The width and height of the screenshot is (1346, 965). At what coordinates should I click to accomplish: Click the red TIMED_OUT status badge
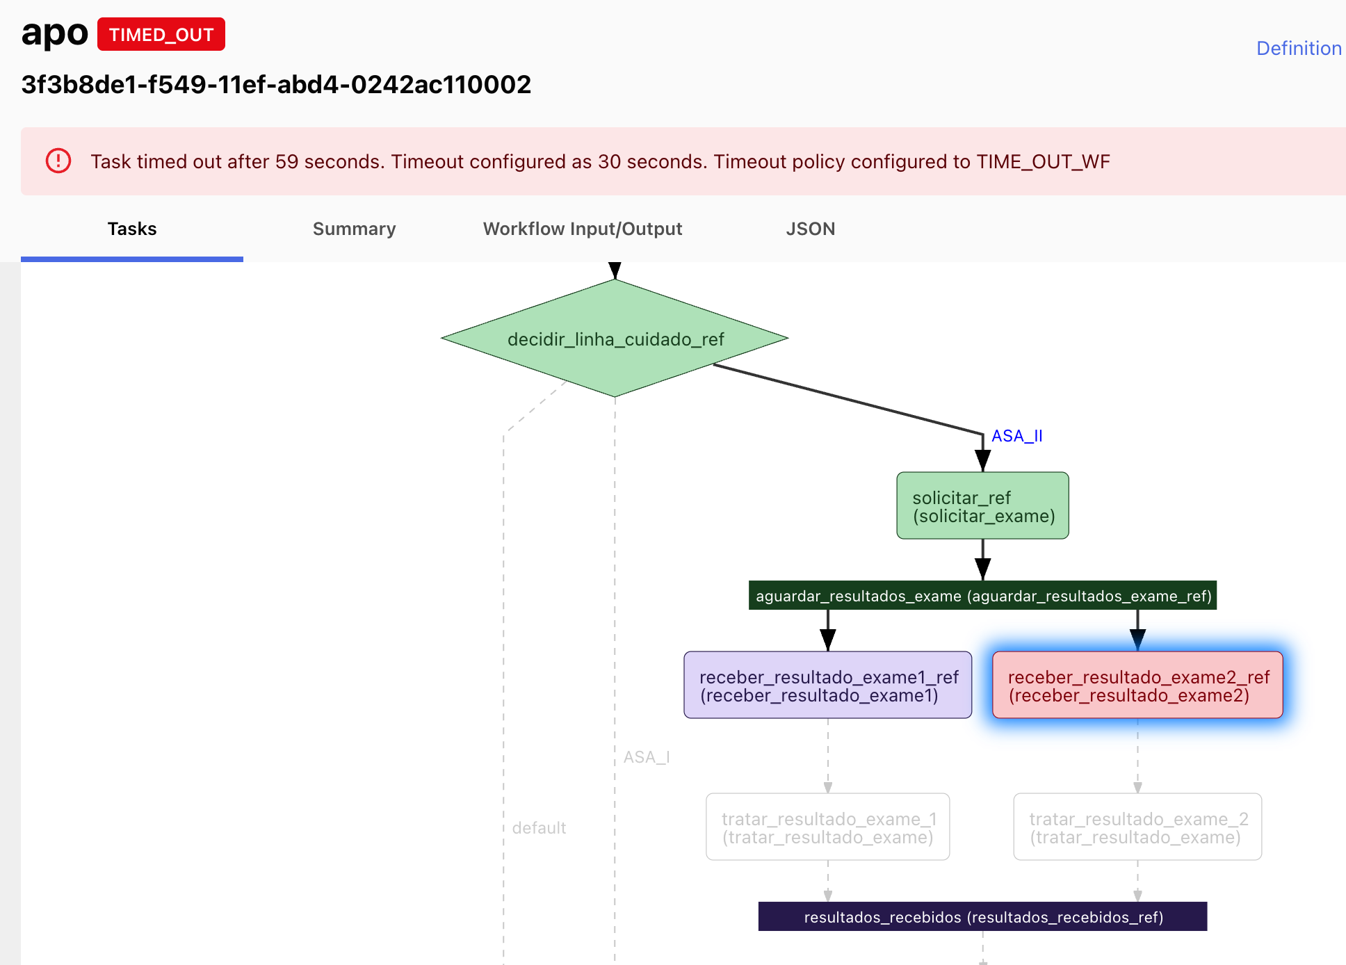[161, 34]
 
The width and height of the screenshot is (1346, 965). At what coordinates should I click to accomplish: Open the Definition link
[1298, 48]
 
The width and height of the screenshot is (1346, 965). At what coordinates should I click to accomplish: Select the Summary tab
[354, 229]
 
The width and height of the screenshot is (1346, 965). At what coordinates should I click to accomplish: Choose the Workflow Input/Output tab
[582, 229]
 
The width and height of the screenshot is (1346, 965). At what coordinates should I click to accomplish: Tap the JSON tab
[810, 229]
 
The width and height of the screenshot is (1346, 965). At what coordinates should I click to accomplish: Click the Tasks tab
[132, 229]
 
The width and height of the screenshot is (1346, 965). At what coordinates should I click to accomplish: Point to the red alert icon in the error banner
[58, 161]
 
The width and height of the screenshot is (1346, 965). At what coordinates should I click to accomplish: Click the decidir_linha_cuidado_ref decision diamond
[615, 339]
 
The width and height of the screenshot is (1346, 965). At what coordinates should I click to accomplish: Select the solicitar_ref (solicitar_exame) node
[982, 506]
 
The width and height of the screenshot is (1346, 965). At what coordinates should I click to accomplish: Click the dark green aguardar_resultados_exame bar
[982, 596]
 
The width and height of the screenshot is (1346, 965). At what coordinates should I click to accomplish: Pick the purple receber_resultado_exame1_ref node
[827, 686]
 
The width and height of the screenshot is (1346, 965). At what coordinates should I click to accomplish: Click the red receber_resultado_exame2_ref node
[1137, 686]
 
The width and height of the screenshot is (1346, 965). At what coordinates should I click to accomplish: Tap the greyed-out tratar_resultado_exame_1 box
[827, 827]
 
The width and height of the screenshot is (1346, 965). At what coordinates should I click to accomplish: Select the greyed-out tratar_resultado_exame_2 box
[1137, 827]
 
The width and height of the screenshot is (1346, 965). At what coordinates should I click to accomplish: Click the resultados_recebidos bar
[982, 917]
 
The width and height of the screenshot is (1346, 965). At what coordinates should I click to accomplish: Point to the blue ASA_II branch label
[1016, 436]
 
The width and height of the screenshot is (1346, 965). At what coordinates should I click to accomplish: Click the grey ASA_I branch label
[646, 757]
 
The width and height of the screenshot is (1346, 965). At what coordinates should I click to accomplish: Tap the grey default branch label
[539, 828]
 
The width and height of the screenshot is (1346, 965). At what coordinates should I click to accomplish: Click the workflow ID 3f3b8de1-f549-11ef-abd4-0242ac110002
[276, 85]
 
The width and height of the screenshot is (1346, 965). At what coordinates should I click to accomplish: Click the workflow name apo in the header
[54, 33]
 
